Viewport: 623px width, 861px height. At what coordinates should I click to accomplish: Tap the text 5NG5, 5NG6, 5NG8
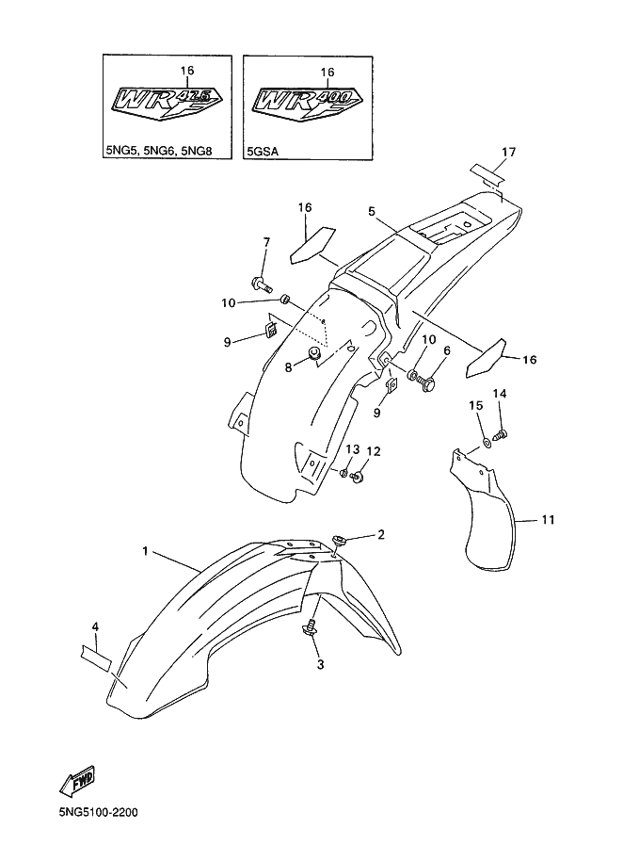(154, 149)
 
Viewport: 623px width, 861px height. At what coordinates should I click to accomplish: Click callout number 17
(509, 152)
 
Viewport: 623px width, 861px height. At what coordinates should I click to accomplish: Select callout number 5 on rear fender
(373, 212)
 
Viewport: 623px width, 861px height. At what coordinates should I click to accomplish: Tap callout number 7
(265, 242)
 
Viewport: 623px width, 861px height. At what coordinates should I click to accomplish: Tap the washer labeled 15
(486, 442)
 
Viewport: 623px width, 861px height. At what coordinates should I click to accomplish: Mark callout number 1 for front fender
(146, 550)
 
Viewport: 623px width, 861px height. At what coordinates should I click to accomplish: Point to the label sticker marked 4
(95, 650)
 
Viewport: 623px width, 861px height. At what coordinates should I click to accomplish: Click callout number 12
(373, 452)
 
